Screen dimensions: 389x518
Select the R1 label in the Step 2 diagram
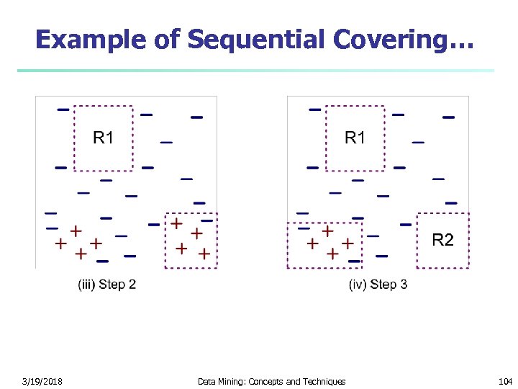(103, 137)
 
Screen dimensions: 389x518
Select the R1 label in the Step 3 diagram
(355, 137)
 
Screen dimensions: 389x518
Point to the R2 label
(442, 240)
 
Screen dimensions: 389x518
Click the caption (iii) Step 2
(106, 285)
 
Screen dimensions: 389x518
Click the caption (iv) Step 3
(378, 285)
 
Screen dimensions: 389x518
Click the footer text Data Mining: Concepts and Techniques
(271, 382)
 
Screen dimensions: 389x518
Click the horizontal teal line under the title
(255, 71)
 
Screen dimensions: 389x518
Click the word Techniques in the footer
(324, 382)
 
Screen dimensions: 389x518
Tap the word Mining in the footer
(231, 382)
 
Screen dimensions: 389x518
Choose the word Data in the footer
(206, 382)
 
